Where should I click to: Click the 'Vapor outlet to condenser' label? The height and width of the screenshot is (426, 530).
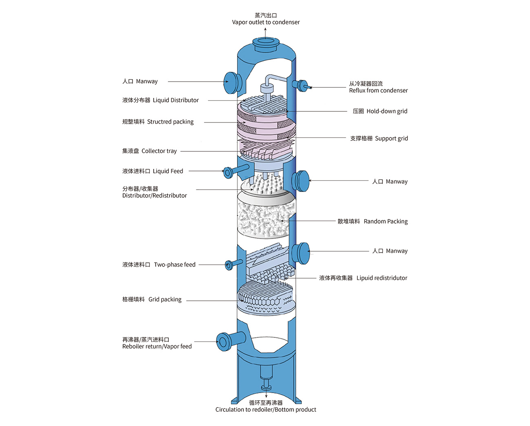click(x=266, y=22)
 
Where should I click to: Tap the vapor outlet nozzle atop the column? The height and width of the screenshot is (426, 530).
click(x=265, y=42)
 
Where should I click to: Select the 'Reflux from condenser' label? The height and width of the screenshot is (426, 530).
click(x=378, y=91)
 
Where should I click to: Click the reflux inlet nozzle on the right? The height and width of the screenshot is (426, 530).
click(x=302, y=85)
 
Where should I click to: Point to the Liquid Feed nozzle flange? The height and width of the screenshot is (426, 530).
click(x=227, y=172)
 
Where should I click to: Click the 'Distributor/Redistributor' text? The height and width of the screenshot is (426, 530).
click(x=155, y=195)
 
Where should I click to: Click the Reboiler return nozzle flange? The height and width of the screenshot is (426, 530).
click(x=223, y=341)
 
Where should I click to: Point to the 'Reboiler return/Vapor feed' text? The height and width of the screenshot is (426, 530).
click(x=157, y=346)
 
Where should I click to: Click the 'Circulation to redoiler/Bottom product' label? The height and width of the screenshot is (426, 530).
click(x=266, y=409)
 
